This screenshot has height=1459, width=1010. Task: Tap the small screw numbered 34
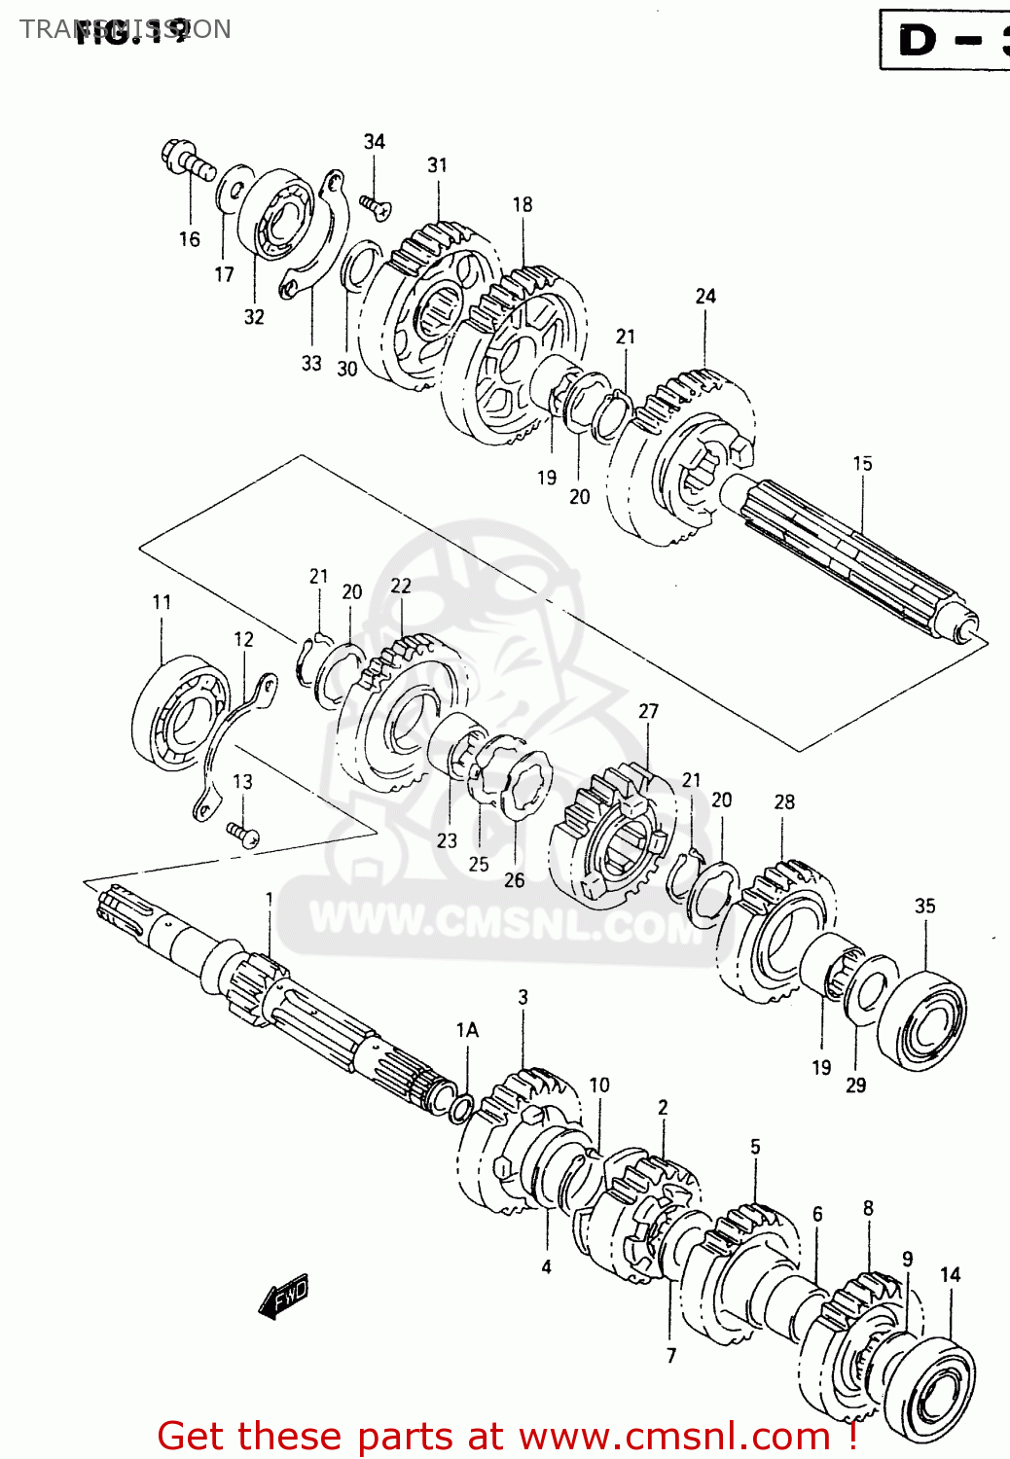point(375,205)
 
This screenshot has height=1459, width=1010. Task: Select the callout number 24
point(705,296)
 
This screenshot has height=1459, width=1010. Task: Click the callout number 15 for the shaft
point(862,464)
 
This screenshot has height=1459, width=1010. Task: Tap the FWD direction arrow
point(284,1298)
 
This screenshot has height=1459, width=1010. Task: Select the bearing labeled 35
point(920,1019)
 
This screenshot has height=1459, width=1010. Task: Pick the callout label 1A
point(467,1029)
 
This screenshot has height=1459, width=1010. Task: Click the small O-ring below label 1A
point(461,1108)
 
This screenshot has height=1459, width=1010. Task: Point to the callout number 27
point(648,711)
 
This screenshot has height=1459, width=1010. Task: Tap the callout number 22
point(401,586)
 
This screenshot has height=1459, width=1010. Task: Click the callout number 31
point(438,165)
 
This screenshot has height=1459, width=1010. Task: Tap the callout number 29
point(855,1085)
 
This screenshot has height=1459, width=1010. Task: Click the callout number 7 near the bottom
point(670,1355)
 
